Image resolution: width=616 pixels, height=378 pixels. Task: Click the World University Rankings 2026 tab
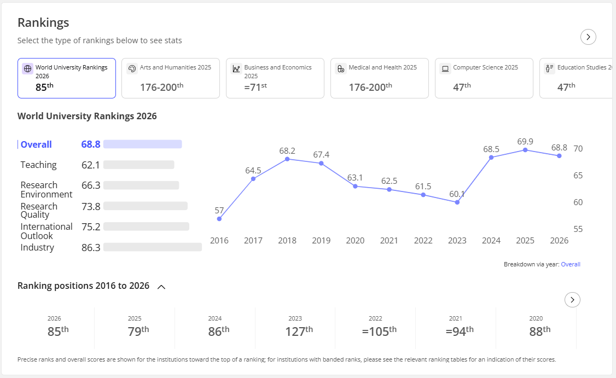tap(67, 78)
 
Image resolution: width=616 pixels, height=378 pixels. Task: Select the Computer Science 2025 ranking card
tap(484, 78)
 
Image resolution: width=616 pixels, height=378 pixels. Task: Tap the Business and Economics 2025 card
tap(275, 78)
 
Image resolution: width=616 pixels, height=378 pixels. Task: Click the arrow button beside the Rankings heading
tap(588, 37)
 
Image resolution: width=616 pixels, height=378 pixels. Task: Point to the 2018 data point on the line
tap(287, 159)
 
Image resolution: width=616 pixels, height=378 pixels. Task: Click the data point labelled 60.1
tap(457, 202)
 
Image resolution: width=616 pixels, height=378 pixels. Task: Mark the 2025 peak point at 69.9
tap(525, 150)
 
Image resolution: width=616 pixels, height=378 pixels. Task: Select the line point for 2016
tap(219, 219)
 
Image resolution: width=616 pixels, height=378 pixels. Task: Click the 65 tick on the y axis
tap(578, 175)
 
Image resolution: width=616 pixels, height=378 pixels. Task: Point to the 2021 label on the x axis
tap(389, 241)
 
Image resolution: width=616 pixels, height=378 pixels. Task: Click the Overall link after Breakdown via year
tap(571, 264)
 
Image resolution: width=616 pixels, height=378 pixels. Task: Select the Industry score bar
tap(153, 247)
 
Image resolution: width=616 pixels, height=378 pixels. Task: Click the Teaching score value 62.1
tap(91, 165)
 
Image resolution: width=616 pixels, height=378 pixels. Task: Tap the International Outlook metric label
tap(47, 231)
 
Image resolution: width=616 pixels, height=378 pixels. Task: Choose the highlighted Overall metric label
tap(36, 144)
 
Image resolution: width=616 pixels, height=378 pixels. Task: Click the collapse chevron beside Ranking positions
tap(161, 287)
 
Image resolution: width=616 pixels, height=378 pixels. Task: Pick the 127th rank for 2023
tap(299, 331)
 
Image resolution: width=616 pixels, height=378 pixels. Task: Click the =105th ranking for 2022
tap(379, 331)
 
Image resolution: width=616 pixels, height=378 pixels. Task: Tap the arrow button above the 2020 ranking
tap(572, 300)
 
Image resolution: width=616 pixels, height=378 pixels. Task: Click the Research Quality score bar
tap(146, 206)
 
